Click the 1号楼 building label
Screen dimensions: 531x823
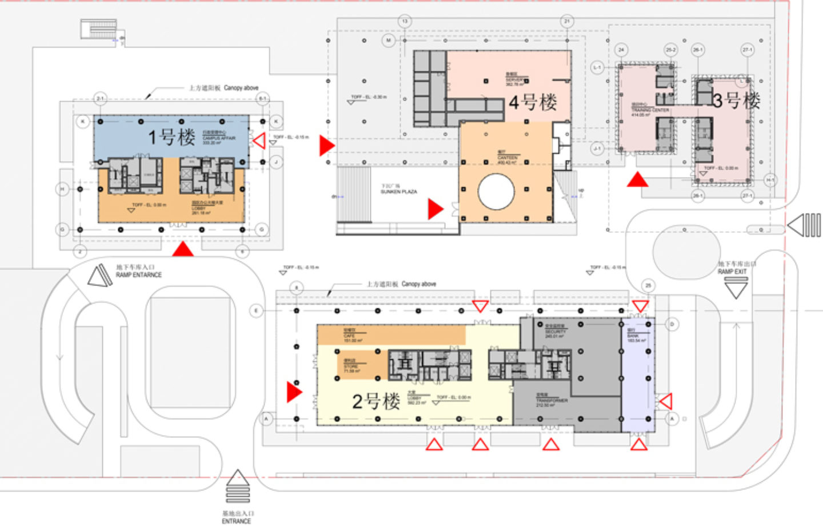[171, 137]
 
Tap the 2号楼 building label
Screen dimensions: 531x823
[375, 401]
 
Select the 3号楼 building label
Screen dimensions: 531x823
[736, 101]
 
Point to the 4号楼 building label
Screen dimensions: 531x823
[533, 103]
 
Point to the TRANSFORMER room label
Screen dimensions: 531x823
[551, 401]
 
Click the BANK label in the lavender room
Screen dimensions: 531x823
[633, 336]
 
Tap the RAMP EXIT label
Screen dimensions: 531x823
[732, 272]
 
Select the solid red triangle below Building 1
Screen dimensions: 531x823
[183, 249]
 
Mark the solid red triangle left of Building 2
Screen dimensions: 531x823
[294, 392]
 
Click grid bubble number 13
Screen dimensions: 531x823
[405, 22]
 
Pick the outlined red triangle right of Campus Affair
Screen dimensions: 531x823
[259, 140]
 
